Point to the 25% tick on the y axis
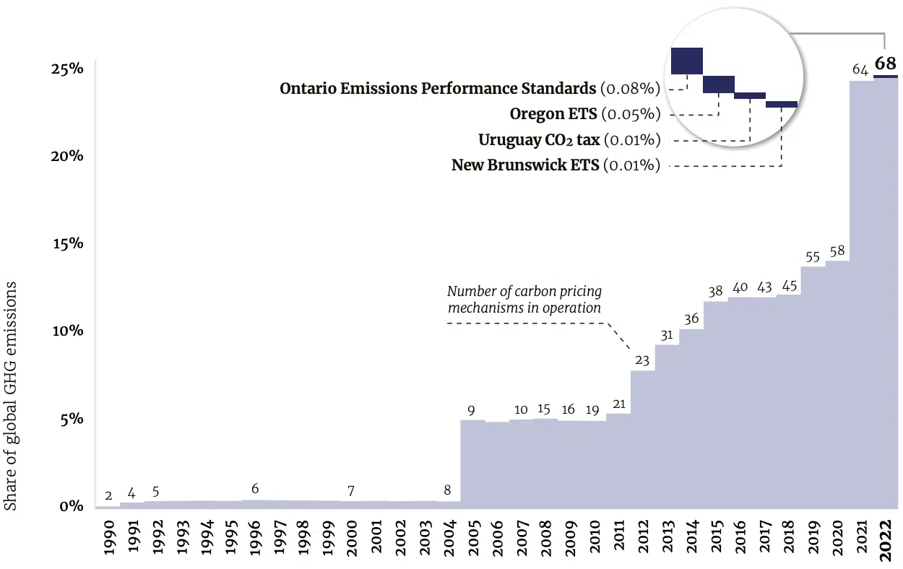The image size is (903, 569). click(x=66, y=69)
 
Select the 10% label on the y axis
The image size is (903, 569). click(x=66, y=331)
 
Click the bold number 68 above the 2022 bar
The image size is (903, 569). click(x=885, y=62)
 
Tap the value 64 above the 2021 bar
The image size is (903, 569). click(x=860, y=69)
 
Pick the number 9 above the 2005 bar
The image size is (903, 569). click(x=471, y=410)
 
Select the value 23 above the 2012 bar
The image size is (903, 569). click(x=642, y=360)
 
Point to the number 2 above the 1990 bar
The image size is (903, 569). click(x=108, y=495)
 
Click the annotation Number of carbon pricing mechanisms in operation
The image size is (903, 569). click(x=524, y=300)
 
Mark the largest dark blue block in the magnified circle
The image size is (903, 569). click(x=686, y=61)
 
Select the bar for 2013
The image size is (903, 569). click(x=667, y=426)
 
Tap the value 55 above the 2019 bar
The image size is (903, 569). click(x=813, y=256)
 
